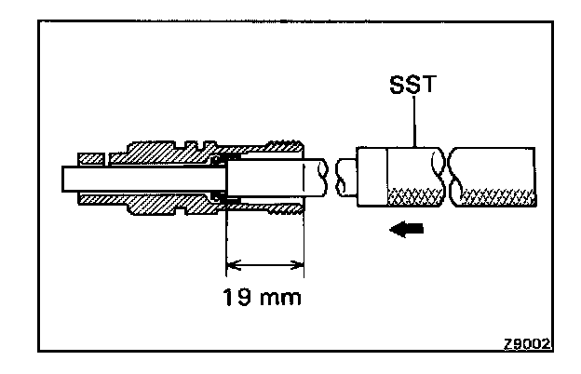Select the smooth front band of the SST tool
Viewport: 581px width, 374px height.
tap(371, 177)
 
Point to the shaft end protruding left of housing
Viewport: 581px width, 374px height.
tap(71, 176)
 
